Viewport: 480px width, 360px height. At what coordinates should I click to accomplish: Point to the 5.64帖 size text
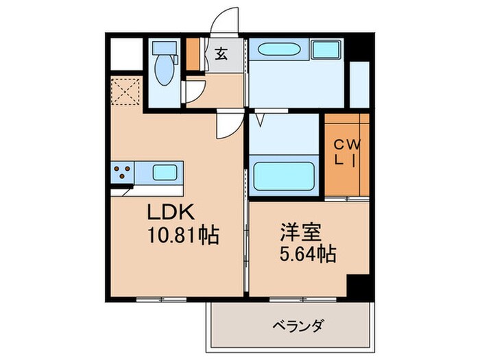[x=307, y=255]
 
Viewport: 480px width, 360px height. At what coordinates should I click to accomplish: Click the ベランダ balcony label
[x=297, y=324]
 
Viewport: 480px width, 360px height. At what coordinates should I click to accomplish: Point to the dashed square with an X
[x=127, y=93]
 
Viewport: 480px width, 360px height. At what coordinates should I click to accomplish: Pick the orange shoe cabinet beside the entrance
[x=194, y=53]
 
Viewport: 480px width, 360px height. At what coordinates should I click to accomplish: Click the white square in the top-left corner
[x=126, y=53]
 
